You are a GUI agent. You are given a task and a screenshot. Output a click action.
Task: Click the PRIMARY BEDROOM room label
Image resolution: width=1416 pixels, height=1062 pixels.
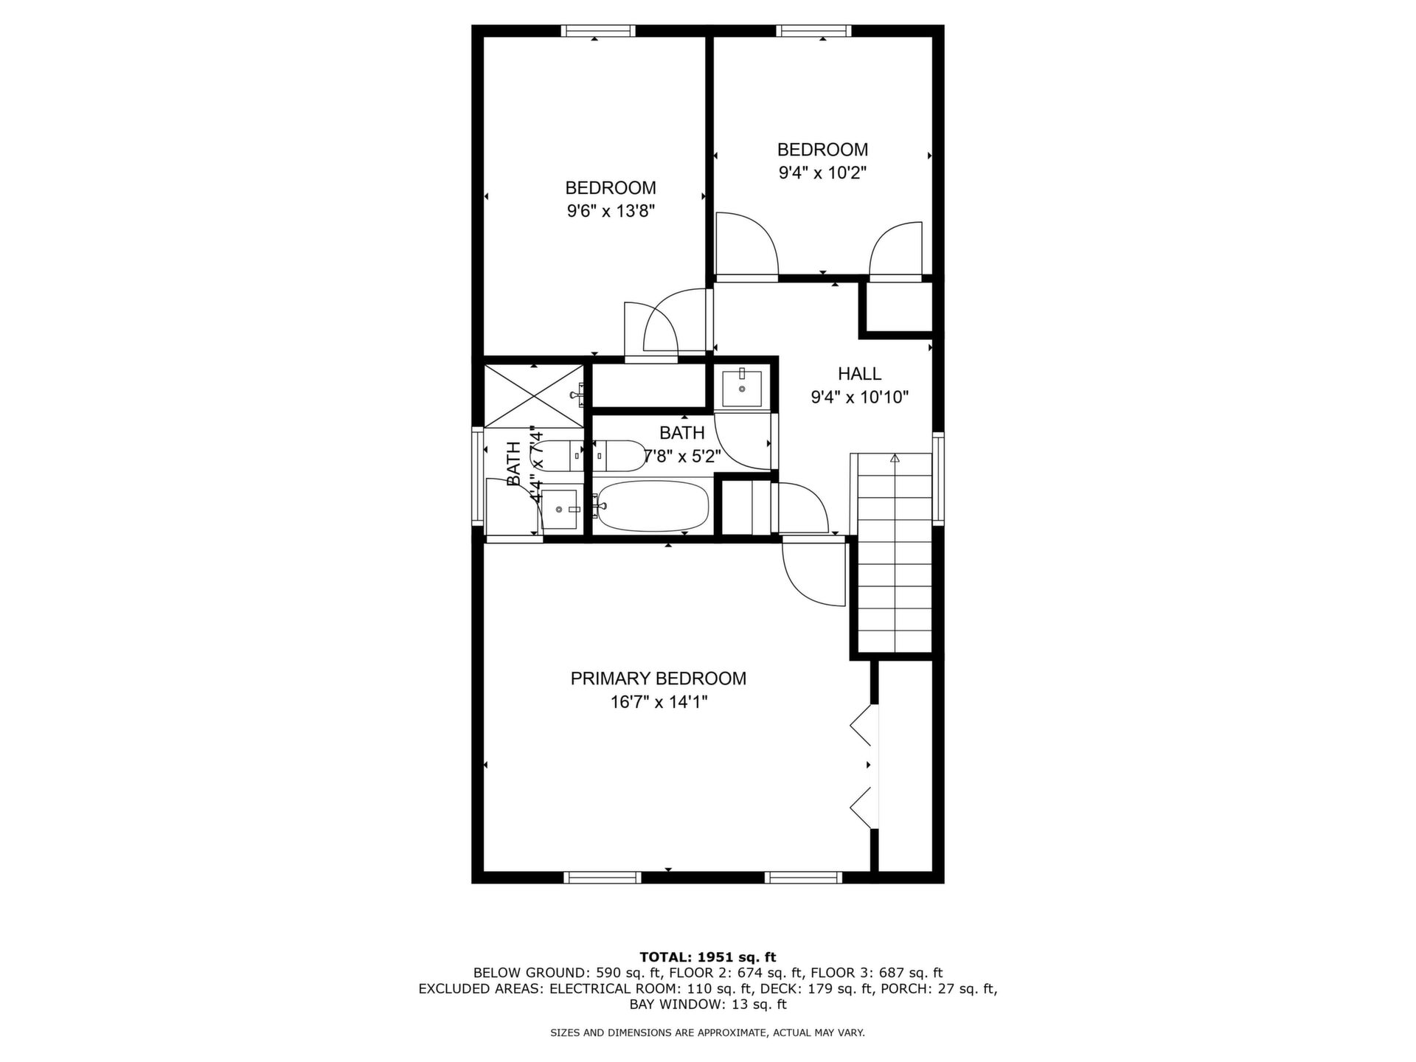[658, 678]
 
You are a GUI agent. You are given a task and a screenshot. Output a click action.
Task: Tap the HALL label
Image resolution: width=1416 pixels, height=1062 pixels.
[859, 373]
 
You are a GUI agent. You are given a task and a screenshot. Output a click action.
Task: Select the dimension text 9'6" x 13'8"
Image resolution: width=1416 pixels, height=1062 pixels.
[611, 212]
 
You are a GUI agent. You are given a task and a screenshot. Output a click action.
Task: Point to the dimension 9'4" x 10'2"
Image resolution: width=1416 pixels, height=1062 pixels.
[822, 173]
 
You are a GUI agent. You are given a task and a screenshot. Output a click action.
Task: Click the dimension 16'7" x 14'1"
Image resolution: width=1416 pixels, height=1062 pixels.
[659, 702]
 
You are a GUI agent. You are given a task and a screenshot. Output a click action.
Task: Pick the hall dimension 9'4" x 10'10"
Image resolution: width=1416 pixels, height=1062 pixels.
[859, 398]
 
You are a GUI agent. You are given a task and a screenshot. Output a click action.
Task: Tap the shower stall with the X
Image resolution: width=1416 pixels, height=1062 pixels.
[533, 396]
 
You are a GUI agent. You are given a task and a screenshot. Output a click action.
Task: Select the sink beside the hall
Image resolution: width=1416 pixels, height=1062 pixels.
[742, 388]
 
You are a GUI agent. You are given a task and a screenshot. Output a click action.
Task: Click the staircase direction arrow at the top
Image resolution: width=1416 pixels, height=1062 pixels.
[895, 458]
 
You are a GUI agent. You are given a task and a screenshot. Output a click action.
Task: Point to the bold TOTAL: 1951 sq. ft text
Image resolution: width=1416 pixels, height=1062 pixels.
[707, 957]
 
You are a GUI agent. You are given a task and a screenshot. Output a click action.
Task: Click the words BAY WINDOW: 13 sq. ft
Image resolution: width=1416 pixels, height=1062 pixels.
[707, 1004]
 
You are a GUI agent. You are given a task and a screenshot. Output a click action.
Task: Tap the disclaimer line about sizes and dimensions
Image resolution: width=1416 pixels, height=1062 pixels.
[707, 1033]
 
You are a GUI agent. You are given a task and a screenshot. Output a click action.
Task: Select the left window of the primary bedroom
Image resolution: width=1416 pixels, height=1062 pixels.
[603, 878]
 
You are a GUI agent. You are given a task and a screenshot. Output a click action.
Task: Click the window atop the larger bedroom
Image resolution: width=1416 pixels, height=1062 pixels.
[598, 31]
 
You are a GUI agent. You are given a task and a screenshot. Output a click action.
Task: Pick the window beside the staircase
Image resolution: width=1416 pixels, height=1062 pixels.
[938, 479]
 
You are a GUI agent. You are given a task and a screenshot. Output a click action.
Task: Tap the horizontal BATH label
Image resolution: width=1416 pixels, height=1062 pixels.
[681, 433]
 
